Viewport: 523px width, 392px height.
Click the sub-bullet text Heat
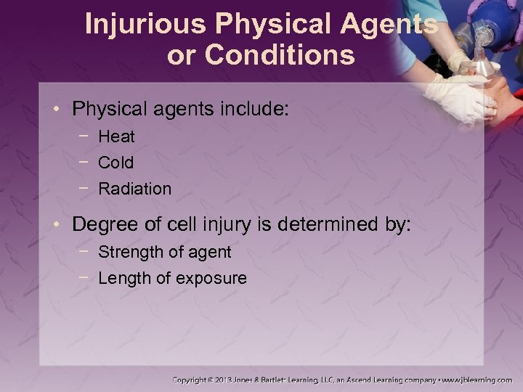tap(116, 136)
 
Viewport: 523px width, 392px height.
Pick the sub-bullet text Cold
tap(115, 163)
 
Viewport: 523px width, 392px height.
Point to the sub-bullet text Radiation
tap(134, 189)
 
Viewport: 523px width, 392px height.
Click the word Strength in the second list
tap(128, 253)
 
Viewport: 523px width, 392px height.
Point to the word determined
tap(322, 224)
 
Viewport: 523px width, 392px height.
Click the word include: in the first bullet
tap(254, 110)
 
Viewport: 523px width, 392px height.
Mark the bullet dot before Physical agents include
tap(59, 110)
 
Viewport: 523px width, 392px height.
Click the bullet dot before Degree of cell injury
tap(59, 225)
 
